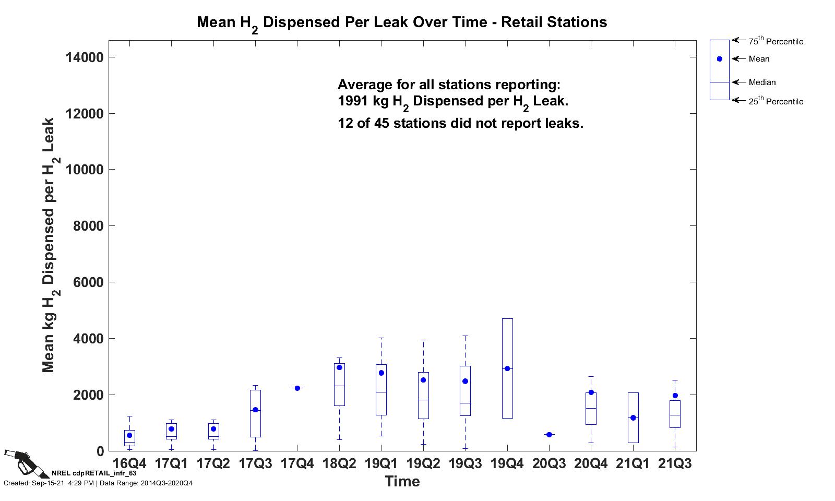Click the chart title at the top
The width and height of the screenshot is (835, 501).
pos(402,22)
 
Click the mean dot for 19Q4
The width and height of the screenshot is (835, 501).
pos(507,368)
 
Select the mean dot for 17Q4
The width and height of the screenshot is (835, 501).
pos(297,388)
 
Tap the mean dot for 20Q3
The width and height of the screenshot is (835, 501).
pos(549,434)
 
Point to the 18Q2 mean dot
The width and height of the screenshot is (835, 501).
pos(339,367)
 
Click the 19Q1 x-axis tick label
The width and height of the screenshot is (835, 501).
pos(381,463)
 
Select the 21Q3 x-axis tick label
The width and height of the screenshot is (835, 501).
pos(675,463)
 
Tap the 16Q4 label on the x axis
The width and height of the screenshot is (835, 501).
pos(129,463)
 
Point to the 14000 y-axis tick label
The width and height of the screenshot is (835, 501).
pos(85,57)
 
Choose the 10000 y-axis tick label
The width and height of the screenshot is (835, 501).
pos(85,170)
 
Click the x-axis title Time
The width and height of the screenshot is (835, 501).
pos(402,481)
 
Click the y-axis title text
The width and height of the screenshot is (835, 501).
pos(50,245)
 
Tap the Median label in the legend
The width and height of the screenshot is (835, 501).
pos(762,82)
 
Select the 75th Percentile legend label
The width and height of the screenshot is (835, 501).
pos(776,41)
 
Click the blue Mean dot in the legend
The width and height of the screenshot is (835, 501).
pos(720,59)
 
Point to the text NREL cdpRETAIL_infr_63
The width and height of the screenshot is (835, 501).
pos(94,473)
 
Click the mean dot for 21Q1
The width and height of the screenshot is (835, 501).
pos(633,417)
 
